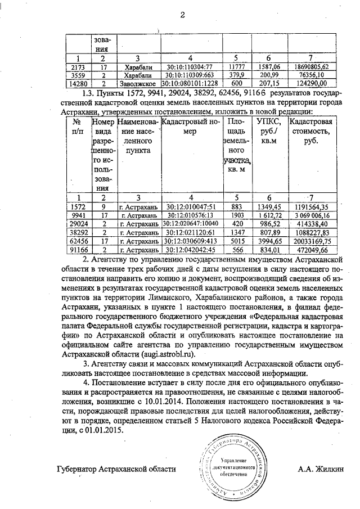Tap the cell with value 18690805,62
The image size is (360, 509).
316,67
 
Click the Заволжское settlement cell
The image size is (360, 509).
137,83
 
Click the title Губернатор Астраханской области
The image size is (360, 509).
116,469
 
